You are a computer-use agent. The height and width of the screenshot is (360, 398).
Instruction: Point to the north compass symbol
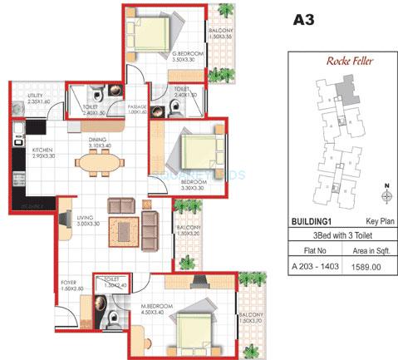coord(386,195)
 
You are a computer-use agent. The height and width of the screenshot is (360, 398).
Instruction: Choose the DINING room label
coord(98,142)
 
